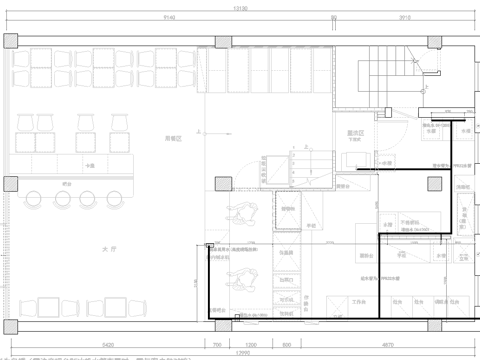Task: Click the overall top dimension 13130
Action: click(x=240, y=6)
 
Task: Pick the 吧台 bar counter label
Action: click(x=66, y=182)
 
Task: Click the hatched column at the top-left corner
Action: click(x=10, y=39)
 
